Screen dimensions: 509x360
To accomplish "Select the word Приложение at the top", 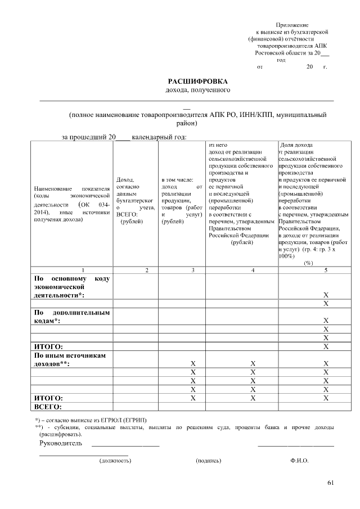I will click(292, 25).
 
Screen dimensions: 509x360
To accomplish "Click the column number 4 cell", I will click(253, 271).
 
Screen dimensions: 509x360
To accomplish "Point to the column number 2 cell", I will click(147, 271).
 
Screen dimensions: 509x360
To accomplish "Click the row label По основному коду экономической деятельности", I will click(72, 286).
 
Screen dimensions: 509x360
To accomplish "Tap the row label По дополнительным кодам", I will click(72, 316).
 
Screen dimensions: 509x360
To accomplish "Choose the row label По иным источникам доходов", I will click(72, 359).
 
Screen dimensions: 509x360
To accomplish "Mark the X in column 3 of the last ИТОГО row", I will click(193, 398).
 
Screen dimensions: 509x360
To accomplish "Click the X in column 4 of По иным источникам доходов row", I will click(253, 363).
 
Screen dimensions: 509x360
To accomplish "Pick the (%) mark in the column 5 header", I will click(309, 263).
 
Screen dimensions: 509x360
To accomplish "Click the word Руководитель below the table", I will click(61, 443).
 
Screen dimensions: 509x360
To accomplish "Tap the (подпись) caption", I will click(208, 461).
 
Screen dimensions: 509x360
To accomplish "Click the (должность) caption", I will click(115, 461).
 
